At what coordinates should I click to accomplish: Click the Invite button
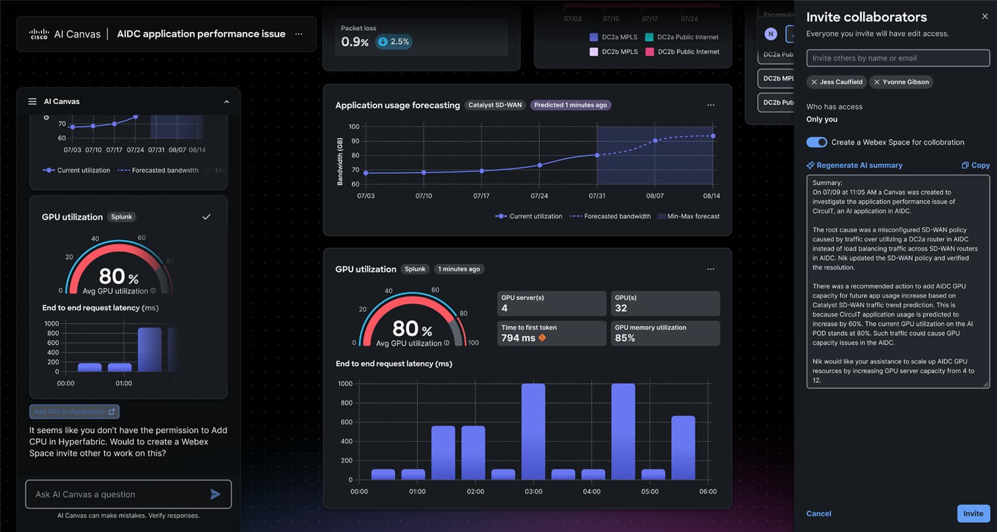(973, 513)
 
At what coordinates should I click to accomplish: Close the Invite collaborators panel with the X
(984, 16)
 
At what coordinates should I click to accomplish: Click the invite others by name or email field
(898, 58)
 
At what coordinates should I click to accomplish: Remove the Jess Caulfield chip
(814, 82)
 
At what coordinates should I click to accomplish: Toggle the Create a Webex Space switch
(816, 142)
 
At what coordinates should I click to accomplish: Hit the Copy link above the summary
(975, 165)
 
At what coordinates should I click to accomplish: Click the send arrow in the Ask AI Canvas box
(215, 494)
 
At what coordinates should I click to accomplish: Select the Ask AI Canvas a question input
(117, 494)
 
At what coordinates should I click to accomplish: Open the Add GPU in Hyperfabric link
(74, 412)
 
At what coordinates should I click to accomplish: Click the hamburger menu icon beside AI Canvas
(32, 101)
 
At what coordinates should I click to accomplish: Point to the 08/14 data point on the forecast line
(713, 136)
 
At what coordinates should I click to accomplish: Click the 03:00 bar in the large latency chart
(533, 431)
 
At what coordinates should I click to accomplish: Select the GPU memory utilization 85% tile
(666, 333)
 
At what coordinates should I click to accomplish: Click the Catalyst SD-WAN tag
(495, 105)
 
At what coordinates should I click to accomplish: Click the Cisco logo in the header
(39, 34)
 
